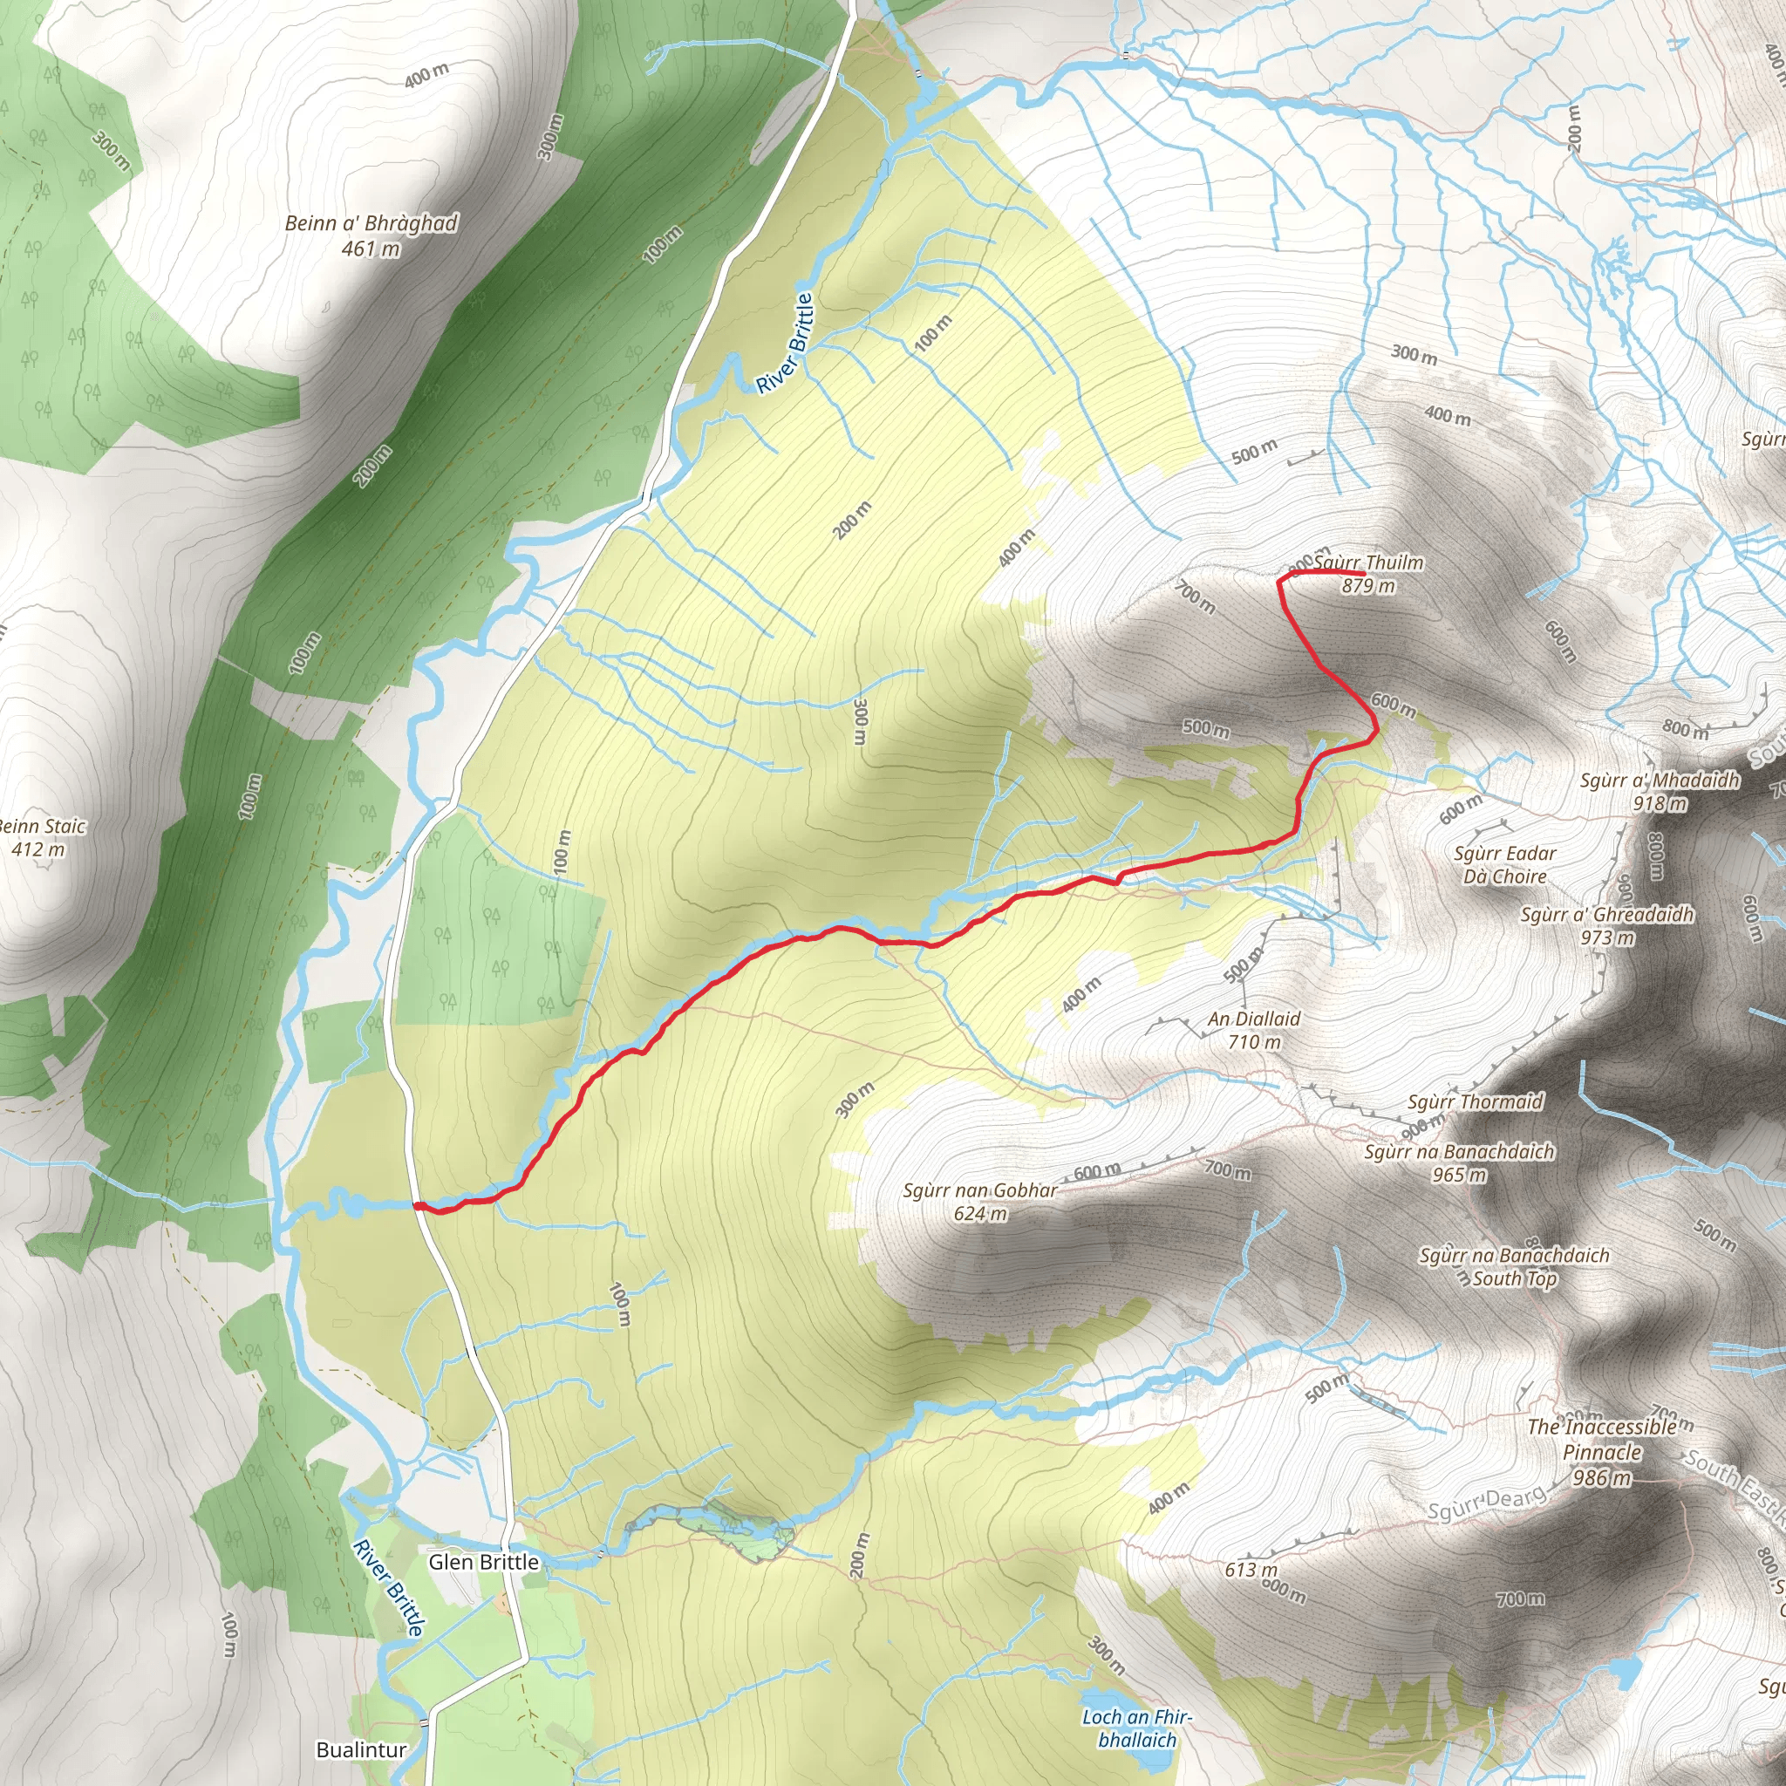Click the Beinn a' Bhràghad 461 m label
point(371,235)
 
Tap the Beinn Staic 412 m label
point(42,837)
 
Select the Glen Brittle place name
point(483,1561)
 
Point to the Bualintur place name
point(361,1749)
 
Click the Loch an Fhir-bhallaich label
point(1137,1728)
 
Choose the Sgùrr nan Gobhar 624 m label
point(980,1202)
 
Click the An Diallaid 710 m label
point(1254,1030)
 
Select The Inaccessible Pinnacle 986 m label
point(1602,1451)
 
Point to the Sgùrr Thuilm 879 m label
point(1368,574)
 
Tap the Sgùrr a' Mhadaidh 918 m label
point(1660,791)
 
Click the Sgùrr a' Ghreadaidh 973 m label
point(1607,925)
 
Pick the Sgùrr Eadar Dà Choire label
point(1505,864)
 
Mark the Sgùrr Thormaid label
point(1476,1102)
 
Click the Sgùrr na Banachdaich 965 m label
point(1460,1163)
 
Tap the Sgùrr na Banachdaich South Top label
point(1514,1266)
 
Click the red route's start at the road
point(416,1205)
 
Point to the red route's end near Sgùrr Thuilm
point(1365,575)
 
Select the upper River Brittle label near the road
point(786,343)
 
